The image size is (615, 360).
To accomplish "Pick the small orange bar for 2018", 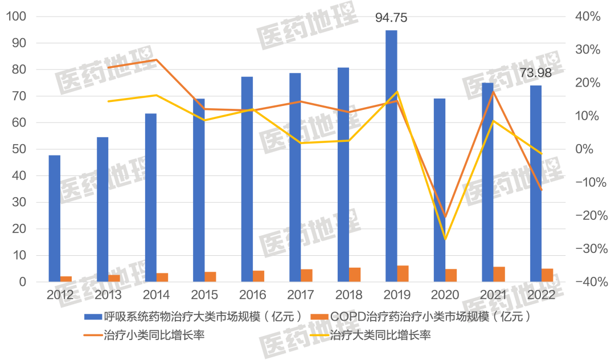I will [355, 275].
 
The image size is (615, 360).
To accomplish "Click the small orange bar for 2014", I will [162, 277].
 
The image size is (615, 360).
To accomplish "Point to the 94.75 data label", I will [391, 18].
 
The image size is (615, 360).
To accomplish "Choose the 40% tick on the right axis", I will [587, 17].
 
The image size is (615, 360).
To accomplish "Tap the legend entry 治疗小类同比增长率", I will [154, 335].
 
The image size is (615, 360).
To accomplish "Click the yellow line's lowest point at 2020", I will [445, 239].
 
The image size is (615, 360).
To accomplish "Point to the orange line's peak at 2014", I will [157, 60].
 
